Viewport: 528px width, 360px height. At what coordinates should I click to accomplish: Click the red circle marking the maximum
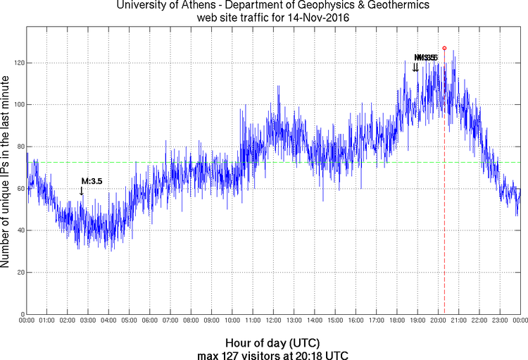(x=444, y=49)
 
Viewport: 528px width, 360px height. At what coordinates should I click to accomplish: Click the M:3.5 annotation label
(x=92, y=181)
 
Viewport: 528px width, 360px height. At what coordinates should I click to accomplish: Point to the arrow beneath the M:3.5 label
(x=82, y=191)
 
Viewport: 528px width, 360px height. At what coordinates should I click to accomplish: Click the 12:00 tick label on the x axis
(x=274, y=321)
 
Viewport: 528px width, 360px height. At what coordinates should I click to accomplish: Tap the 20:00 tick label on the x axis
(x=438, y=321)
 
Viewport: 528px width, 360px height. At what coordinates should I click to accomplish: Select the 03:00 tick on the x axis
(x=89, y=321)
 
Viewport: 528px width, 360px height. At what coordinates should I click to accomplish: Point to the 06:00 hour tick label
(x=151, y=321)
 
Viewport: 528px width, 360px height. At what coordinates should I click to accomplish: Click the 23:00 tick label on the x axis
(x=500, y=321)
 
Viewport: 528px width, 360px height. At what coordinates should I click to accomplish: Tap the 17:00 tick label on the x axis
(x=377, y=321)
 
